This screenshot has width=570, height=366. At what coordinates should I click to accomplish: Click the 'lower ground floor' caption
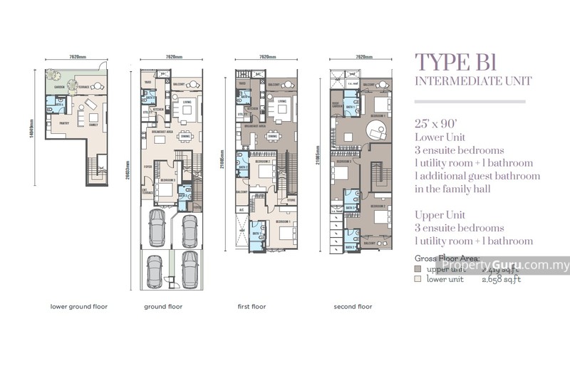click(78, 307)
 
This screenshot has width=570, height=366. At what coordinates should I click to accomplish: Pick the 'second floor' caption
click(353, 307)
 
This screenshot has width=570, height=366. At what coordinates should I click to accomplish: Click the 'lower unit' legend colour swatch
click(418, 280)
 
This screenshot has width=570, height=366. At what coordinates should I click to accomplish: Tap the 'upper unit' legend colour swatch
click(418, 270)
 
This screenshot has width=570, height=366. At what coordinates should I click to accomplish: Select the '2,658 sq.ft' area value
click(503, 280)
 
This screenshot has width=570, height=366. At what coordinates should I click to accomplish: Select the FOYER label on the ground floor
click(147, 169)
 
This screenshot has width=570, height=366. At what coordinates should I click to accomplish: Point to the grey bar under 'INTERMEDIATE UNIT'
click(470, 101)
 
